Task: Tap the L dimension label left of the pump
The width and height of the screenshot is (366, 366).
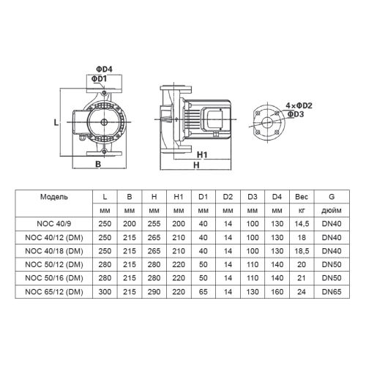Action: click(x=56, y=123)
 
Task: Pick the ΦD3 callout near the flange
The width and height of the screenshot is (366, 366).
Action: click(x=296, y=114)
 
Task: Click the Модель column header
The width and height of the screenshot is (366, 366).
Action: click(x=55, y=197)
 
